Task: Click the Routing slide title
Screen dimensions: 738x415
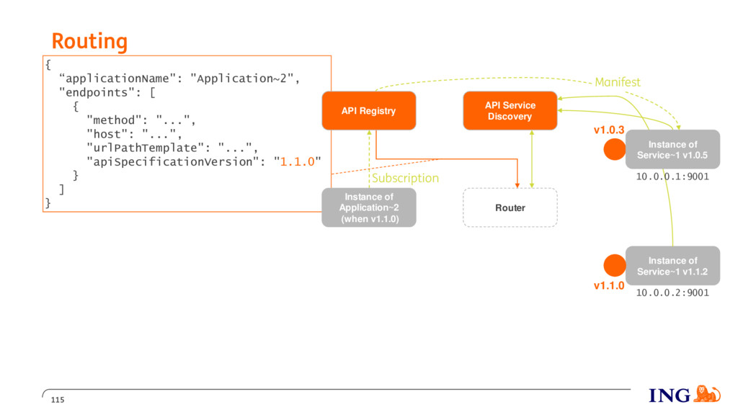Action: pos(89,41)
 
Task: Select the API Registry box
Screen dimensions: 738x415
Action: pos(368,110)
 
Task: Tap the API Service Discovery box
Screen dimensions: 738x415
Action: pos(510,110)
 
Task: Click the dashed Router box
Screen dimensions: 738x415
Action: pos(510,207)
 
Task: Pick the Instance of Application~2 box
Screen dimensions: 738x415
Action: pos(369,207)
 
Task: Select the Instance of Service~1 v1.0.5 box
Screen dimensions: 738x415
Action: pos(672,150)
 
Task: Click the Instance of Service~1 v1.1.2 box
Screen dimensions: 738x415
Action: pos(672,266)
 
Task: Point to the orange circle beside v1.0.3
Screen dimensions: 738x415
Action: pos(615,149)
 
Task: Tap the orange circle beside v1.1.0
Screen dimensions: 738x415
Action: pos(615,265)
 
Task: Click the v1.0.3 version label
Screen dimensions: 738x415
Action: pos(609,130)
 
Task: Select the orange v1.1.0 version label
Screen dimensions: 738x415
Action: pos(609,285)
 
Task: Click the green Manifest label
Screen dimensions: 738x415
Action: pos(618,82)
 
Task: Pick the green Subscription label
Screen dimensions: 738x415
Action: pos(405,179)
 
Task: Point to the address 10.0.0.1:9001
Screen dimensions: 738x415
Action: pos(672,177)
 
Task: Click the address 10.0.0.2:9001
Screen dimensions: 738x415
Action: pos(672,293)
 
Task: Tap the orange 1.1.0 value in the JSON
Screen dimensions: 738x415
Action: pos(298,162)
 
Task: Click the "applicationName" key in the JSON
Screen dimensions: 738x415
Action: pos(117,79)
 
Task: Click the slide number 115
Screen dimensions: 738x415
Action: pos(58,400)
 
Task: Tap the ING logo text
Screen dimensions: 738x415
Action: pos(670,396)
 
